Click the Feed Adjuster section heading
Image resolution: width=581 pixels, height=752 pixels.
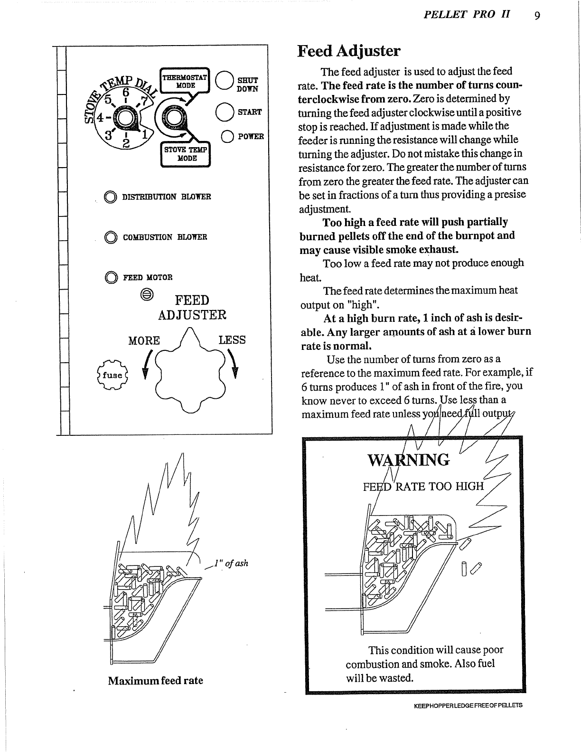tap(349, 51)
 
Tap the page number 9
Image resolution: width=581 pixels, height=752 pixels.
tap(537, 16)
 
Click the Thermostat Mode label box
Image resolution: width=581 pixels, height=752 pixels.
tap(185, 81)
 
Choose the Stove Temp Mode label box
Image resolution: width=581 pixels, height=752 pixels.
tap(186, 154)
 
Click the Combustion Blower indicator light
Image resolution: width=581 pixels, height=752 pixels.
tap(110, 237)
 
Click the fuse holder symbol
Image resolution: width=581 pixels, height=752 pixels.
tap(112, 375)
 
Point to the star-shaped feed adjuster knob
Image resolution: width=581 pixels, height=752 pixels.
tap(189, 372)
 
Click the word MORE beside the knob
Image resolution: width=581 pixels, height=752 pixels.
tap(144, 340)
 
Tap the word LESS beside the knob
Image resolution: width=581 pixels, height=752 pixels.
tap(232, 340)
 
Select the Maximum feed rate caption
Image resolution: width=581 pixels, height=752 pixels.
tap(155, 680)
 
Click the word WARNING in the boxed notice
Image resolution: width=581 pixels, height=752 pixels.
tap(408, 460)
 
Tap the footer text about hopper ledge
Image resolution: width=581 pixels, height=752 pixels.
tap(468, 705)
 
